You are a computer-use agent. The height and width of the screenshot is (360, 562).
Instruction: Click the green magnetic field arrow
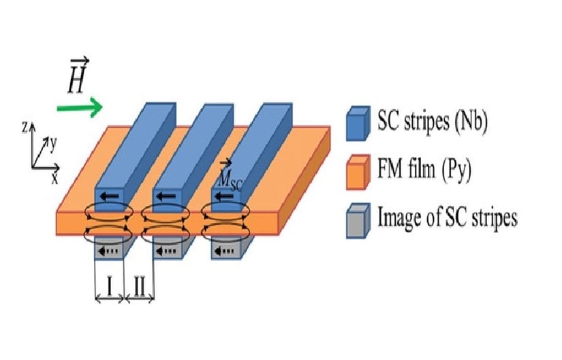point(80,107)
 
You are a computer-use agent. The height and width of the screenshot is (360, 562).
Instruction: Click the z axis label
point(25,126)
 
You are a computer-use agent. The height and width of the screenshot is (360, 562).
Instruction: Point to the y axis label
point(53,145)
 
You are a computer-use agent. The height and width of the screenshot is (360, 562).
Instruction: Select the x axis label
point(54,178)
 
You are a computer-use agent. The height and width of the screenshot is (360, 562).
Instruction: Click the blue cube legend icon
point(358,123)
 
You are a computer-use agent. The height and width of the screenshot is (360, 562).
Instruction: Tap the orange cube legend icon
point(358,172)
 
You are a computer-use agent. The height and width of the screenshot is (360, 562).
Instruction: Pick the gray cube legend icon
point(358,220)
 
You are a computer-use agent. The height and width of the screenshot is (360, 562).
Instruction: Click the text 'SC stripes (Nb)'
point(433,121)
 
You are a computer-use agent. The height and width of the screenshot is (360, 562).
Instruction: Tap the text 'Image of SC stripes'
point(448,217)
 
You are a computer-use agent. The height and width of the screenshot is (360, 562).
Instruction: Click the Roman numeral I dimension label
point(110,286)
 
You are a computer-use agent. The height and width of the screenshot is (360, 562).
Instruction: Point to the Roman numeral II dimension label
point(139,286)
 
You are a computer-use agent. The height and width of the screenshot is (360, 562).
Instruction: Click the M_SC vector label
point(230,177)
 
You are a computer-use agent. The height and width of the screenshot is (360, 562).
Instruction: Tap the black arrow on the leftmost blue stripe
point(109,196)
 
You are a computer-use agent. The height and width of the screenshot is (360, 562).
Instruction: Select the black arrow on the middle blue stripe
point(166,196)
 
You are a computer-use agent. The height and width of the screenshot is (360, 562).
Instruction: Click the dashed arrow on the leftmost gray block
point(108,251)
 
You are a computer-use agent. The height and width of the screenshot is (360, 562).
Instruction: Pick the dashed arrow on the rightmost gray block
point(223,251)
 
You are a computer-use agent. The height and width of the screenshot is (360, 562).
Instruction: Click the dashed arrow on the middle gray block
point(166,251)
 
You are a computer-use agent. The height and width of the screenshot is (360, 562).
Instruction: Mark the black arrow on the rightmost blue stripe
point(223,196)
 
